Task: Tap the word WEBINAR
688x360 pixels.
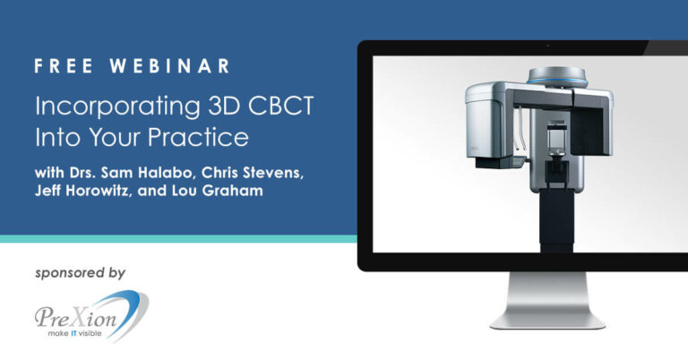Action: click(x=169, y=67)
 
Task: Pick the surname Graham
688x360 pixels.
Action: click(x=232, y=193)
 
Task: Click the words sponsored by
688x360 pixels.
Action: click(x=82, y=271)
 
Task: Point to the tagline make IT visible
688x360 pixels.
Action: click(x=79, y=334)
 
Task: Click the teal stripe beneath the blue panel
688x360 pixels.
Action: click(x=178, y=239)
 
